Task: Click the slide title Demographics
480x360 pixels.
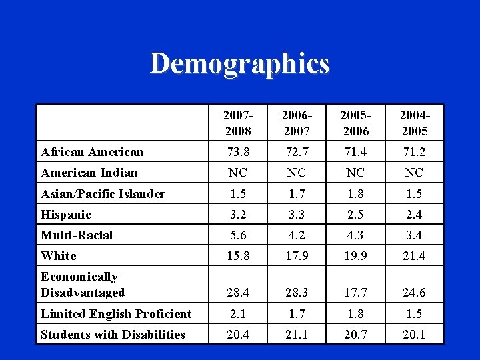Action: click(240, 64)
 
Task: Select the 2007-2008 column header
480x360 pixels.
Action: click(237, 123)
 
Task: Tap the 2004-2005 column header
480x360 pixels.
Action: click(414, 123)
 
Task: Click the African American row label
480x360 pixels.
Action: click(92, 152)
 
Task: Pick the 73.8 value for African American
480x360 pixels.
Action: click(237, 152)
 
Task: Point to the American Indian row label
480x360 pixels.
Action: click(89, 173)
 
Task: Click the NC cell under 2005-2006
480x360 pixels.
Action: click(355, 173)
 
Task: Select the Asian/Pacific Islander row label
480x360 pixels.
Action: click(103, 194)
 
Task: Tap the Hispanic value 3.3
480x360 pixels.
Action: click(296, 215)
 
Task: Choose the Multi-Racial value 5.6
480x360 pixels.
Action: click(237, 235)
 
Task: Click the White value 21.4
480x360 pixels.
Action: click(414, 256)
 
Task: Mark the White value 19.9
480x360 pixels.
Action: click(355, 256)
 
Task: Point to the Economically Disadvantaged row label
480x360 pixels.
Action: click(83, 285)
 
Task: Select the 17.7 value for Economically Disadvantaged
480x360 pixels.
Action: click(355, 293)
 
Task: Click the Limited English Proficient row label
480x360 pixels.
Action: click(116, 314)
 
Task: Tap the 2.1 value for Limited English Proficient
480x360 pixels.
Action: click(237, 314)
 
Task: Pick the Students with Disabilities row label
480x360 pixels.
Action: click(113, 335)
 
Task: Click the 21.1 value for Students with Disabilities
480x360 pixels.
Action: click(296, 335)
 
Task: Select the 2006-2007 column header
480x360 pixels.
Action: click(296, 123)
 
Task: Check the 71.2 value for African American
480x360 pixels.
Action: click(414, 152)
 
